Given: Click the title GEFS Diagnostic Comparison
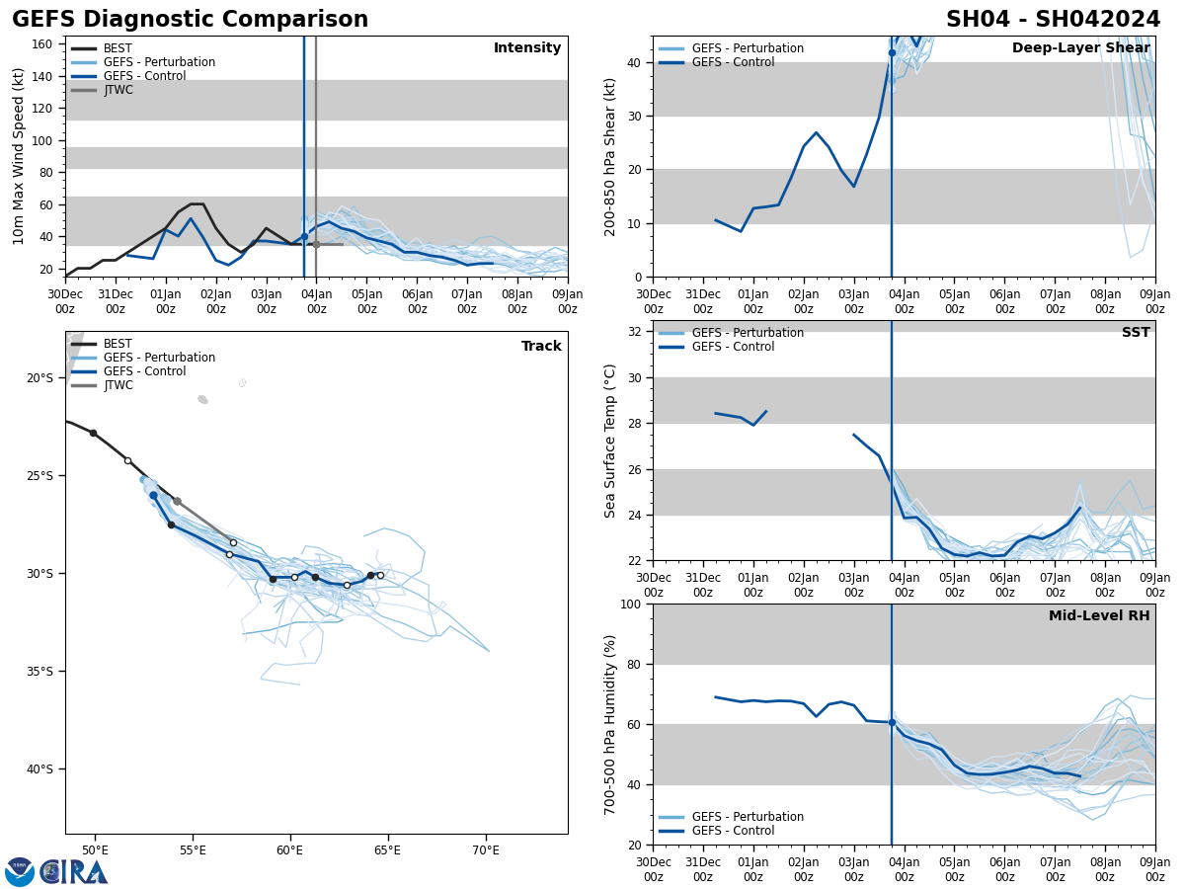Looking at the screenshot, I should [x=190, y=20].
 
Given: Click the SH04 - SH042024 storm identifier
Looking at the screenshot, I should [x=1053, y=20].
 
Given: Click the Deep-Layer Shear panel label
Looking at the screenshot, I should [x=1080, y=48].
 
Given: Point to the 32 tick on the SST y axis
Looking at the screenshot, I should [x=636, y=332].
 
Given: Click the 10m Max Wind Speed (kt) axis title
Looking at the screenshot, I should [x=19, y=156].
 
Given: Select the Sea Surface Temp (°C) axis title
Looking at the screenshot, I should [x=609, y=441].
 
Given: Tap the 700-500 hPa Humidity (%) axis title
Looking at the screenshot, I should [x=609, y=724].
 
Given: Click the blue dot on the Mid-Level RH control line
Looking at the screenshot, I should [x=892, y=722].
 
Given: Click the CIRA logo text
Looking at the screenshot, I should [x=74, y=871].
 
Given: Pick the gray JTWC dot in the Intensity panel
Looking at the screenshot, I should [x=316, y=244].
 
